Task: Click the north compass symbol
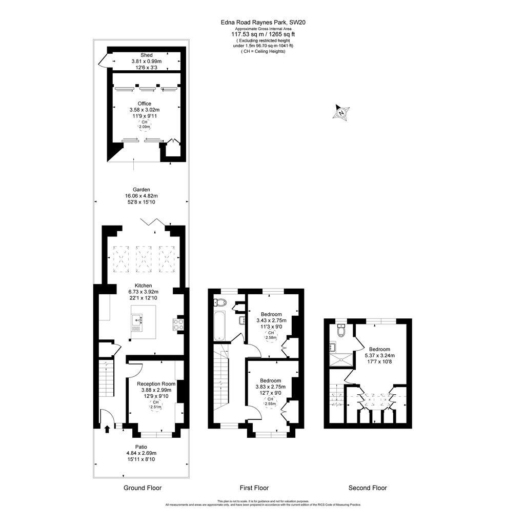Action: pos(341,112)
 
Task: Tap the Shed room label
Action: pos(147,55)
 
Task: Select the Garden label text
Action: pos(142,190)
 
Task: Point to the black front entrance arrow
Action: pos(107,428)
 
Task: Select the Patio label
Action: pos(141,447)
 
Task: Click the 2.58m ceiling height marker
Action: pos(271,336)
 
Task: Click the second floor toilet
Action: pos(340,331)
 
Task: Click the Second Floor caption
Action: pos(368,488)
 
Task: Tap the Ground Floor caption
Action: pos(143,488)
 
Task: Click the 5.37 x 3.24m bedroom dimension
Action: pos(380,355)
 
